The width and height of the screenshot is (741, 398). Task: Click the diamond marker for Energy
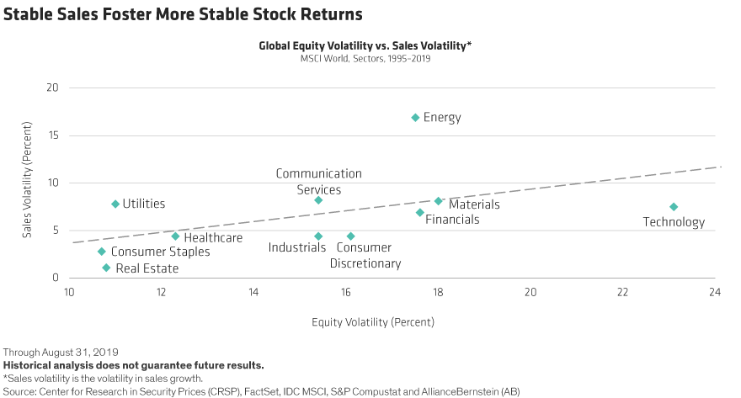coord(415,117)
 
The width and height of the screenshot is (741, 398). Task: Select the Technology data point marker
coord(674,206)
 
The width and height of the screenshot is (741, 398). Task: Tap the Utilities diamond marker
coord(115,204)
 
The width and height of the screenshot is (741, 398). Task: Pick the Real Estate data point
coord(106,268)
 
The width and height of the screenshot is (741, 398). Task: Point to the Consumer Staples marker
coord(101,251)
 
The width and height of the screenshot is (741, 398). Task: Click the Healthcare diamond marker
coord(175,236)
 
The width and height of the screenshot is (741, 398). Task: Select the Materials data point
coord(438,200)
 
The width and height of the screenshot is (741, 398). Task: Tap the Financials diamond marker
coord(419,212)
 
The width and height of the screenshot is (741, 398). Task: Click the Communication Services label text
coord(318,182)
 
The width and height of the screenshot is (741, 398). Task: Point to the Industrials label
coord(297,247)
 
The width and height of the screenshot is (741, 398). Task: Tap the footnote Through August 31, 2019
coord(61,350)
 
